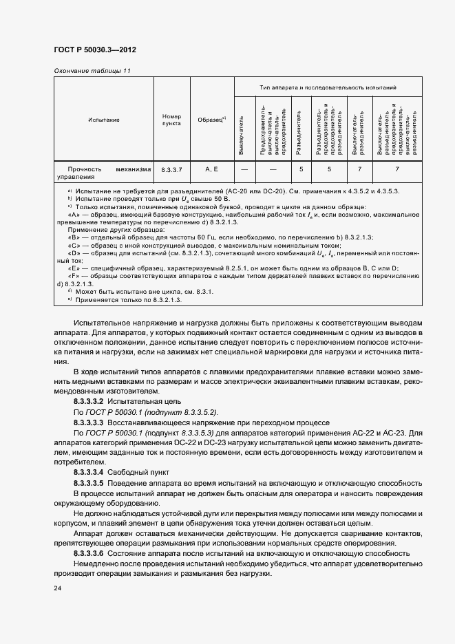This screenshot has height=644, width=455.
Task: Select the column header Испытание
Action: (x=103, y=120)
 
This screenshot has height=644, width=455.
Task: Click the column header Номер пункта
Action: (x=171, y=120)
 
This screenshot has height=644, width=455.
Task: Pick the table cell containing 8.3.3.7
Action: (x=171, y=169)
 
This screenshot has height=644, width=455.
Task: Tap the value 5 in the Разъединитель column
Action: (x=301, y=169)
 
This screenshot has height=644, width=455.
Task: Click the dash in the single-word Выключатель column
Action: (x=244, y=169)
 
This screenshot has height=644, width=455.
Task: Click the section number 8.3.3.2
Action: (x=88, y=401)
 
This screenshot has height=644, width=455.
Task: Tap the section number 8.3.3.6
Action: (x=88, y=553)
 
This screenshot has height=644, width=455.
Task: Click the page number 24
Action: (x=57, y=588)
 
